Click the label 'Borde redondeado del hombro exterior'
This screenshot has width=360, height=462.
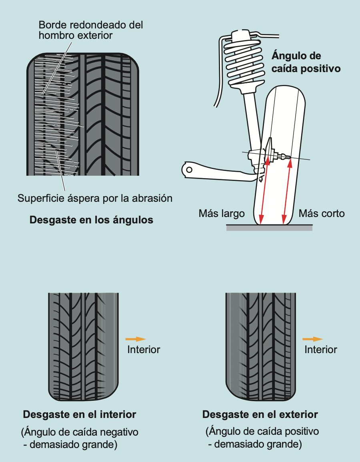point(91,30)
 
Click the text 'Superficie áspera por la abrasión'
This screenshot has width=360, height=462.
point(95,198)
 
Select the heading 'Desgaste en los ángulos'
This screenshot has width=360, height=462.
point(91,220)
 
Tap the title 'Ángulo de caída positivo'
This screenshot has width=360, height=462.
point(306,62)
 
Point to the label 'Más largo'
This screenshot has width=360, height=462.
point(221,213)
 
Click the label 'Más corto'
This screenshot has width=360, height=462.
point(322,213)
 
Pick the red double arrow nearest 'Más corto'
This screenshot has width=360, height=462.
point(286,190)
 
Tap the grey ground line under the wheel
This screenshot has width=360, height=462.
point(269,228)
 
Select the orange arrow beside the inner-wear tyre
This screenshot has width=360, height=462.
point(136,339)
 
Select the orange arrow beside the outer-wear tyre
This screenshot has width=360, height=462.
point(313,339)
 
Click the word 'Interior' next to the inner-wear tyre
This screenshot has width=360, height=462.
point(144,350)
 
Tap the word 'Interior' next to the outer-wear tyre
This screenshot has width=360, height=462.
point(321,350)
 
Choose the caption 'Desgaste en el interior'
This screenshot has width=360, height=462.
point(80,414)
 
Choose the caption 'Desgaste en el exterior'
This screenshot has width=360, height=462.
point(260,414)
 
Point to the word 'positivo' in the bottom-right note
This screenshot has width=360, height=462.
point(300,432)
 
